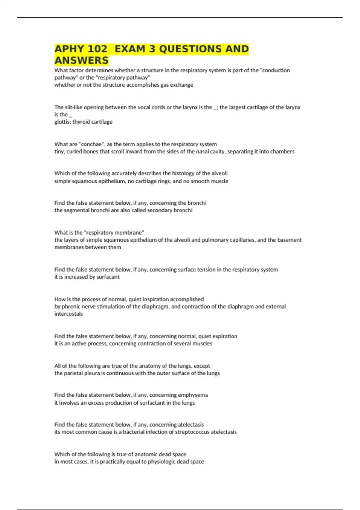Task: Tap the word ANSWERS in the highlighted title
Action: pyautogui.click(x=81, y=60)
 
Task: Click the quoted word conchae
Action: pyautogui.click(x=91, y=144)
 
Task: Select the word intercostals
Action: pyautogui.click(x=68, y=314)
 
